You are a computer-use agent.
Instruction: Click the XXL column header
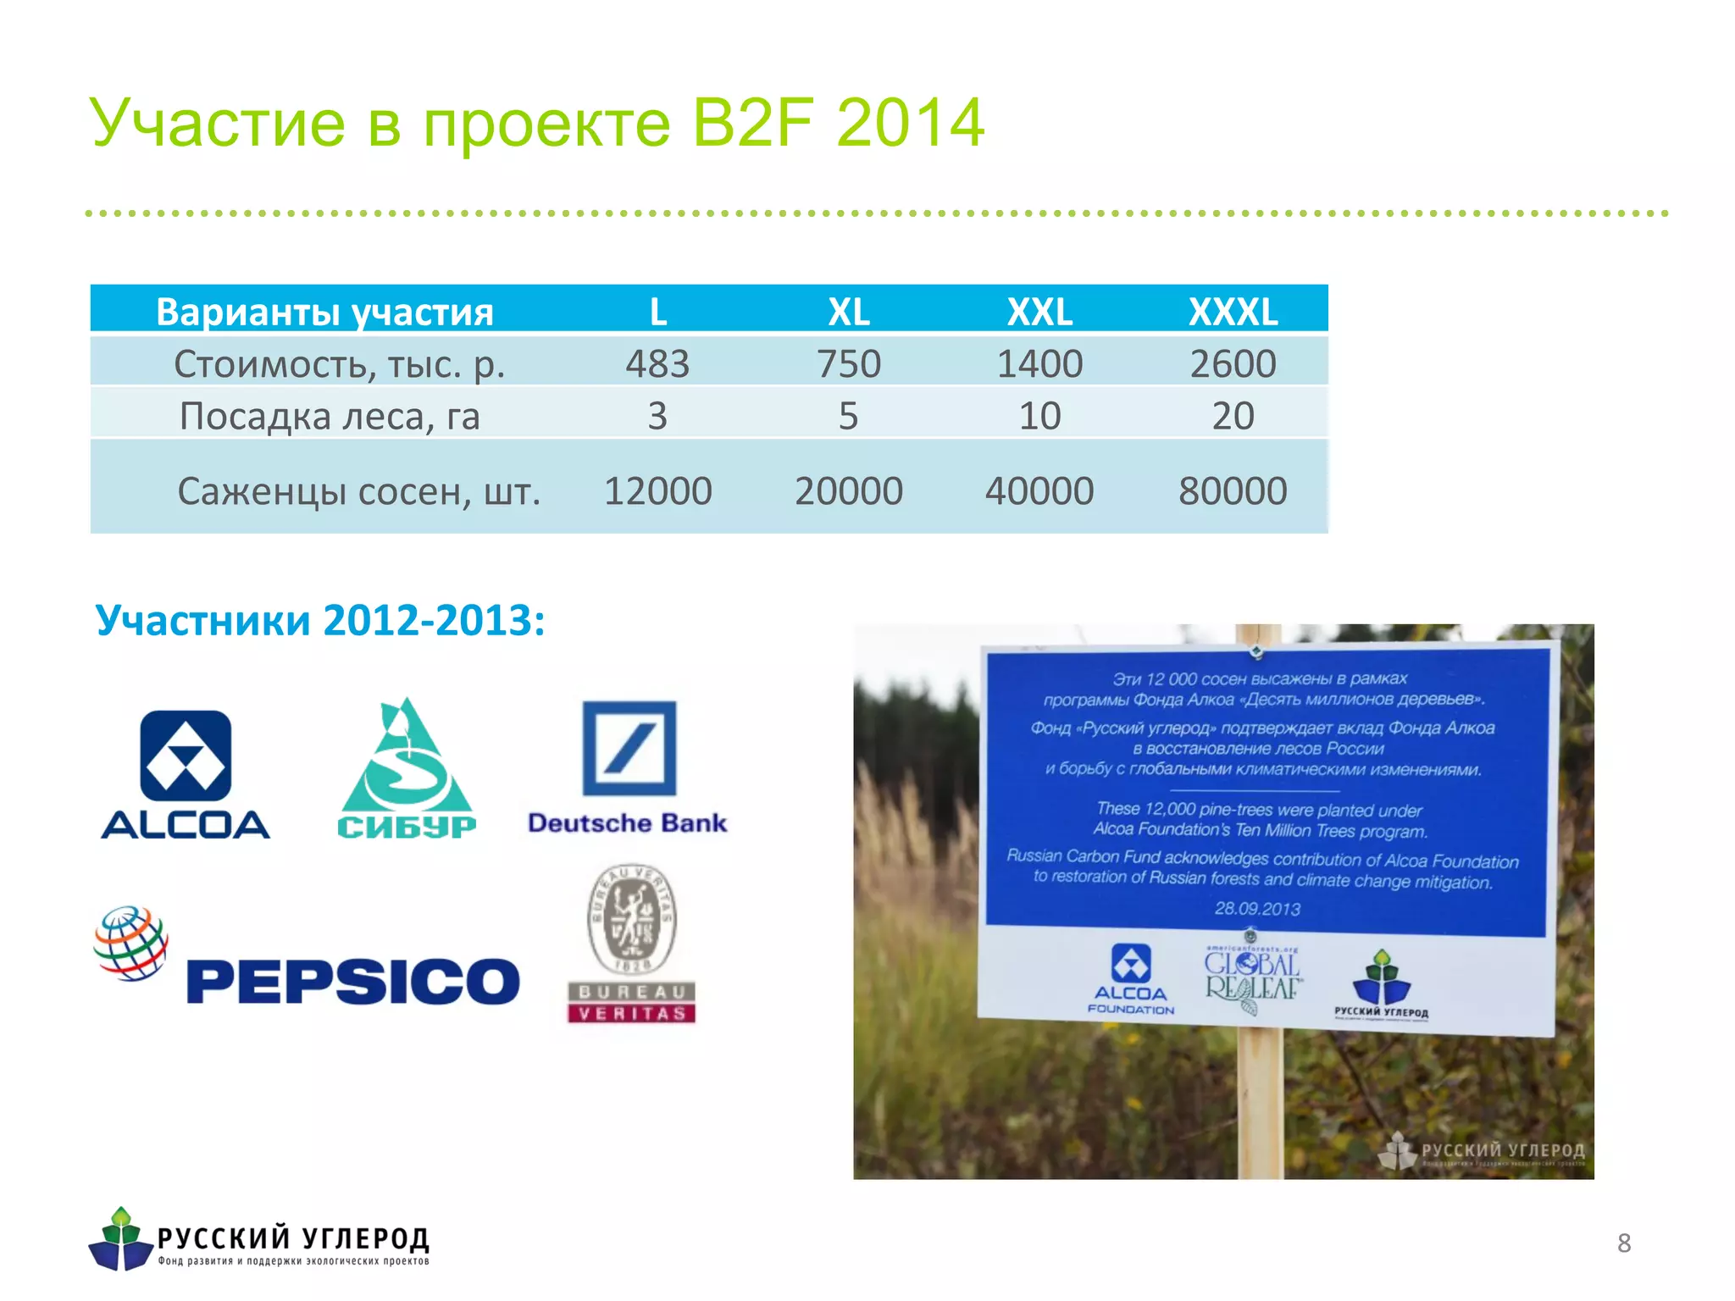point(1039,312)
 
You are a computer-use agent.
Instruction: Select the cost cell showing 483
point(657,363)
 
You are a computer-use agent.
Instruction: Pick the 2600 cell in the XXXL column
point(1233,363)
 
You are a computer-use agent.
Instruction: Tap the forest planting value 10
point(1039,416)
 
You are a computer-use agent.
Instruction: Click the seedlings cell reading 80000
point(1233,490)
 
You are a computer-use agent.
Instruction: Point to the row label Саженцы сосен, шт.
point(358,490)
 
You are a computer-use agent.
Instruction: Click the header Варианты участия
point(324,312)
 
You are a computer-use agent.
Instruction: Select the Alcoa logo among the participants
point(186,773)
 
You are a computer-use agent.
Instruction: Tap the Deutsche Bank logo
point(628,767)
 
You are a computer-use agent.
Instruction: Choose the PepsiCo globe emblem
point(131,944)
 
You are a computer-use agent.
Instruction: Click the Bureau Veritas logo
point(632,944)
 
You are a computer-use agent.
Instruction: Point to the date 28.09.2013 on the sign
point(1257,908)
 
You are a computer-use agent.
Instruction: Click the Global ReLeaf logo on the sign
point(1252,978)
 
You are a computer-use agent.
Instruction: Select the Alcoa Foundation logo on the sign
point(1131,977)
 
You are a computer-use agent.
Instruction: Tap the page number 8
point(1623,1243)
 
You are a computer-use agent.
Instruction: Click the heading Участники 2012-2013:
point(320,620)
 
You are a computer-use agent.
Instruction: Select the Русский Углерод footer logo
point(258,1240)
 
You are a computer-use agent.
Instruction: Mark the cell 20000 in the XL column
point(848,490)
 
